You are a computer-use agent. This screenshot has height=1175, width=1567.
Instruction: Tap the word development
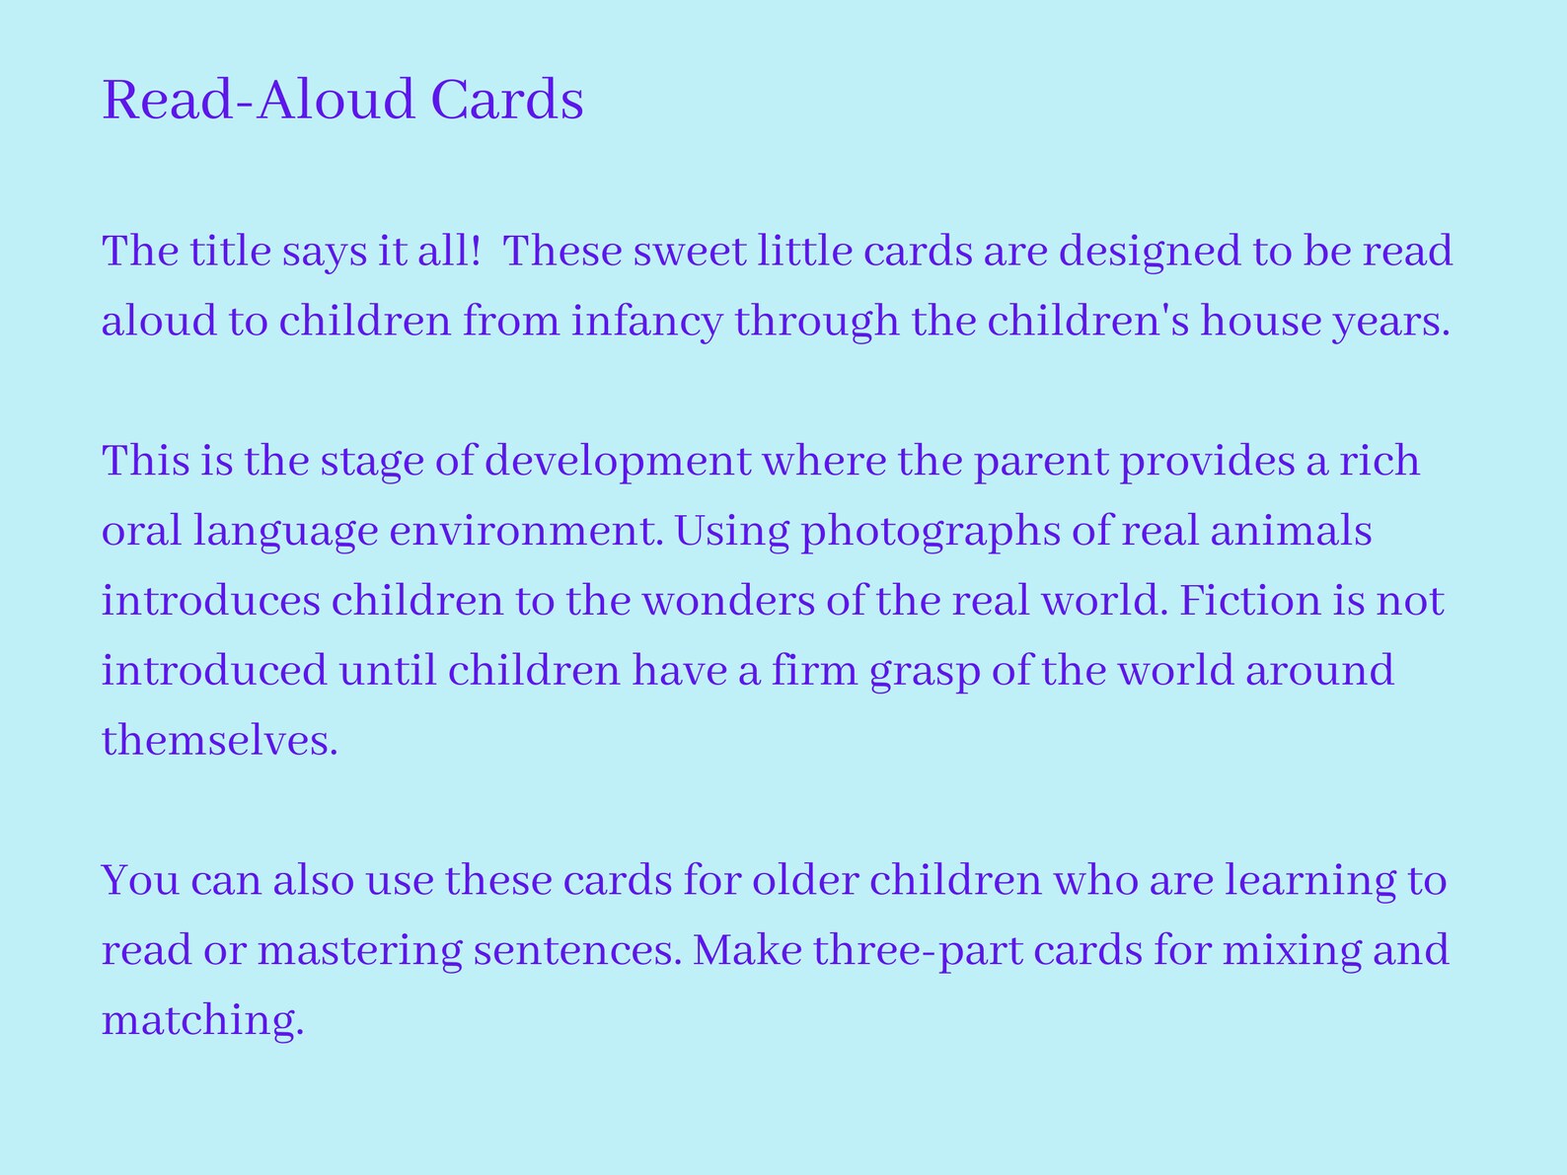click(618, 462)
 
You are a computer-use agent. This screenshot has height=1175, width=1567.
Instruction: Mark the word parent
click(1041, 462)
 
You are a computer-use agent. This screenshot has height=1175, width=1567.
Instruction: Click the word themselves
click(219, 740)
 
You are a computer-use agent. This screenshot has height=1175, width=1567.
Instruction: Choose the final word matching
click(202, 1020)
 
